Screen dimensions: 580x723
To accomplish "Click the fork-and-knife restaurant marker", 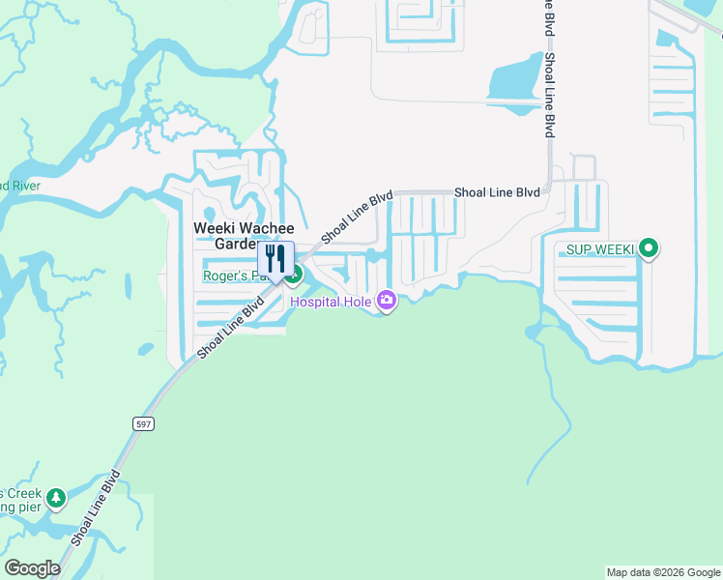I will (275, 260).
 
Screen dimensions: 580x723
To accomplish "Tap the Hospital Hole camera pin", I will (387, 301).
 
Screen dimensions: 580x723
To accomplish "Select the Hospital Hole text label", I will (331, 303).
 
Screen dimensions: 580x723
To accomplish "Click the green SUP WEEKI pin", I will (650, 249).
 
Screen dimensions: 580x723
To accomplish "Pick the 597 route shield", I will (143, 423).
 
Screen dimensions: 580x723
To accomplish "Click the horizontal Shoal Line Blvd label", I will (497, 192).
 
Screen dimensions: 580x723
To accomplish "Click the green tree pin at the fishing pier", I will (56, 498).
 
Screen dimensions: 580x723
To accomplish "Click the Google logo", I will (32, 568).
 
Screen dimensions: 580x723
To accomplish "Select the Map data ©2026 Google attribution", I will (663, 572).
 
